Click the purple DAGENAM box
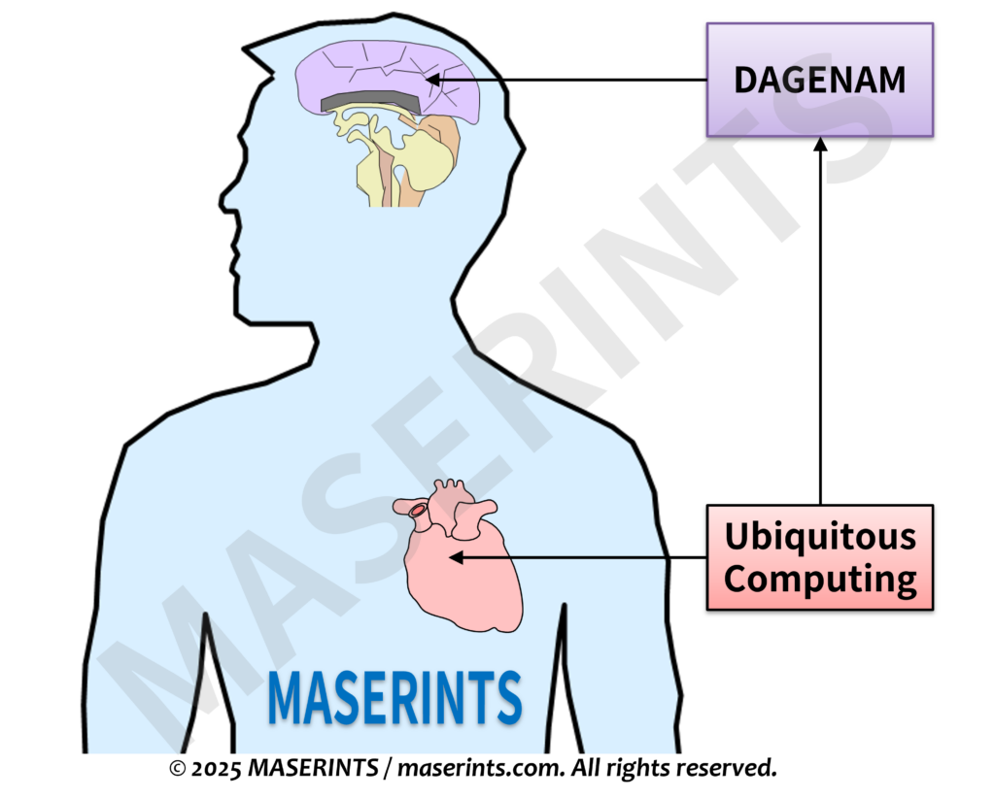point(819,79)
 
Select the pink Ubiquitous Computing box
point(819,557)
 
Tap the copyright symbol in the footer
point(177,769)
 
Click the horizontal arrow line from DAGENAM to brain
point(583,80)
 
